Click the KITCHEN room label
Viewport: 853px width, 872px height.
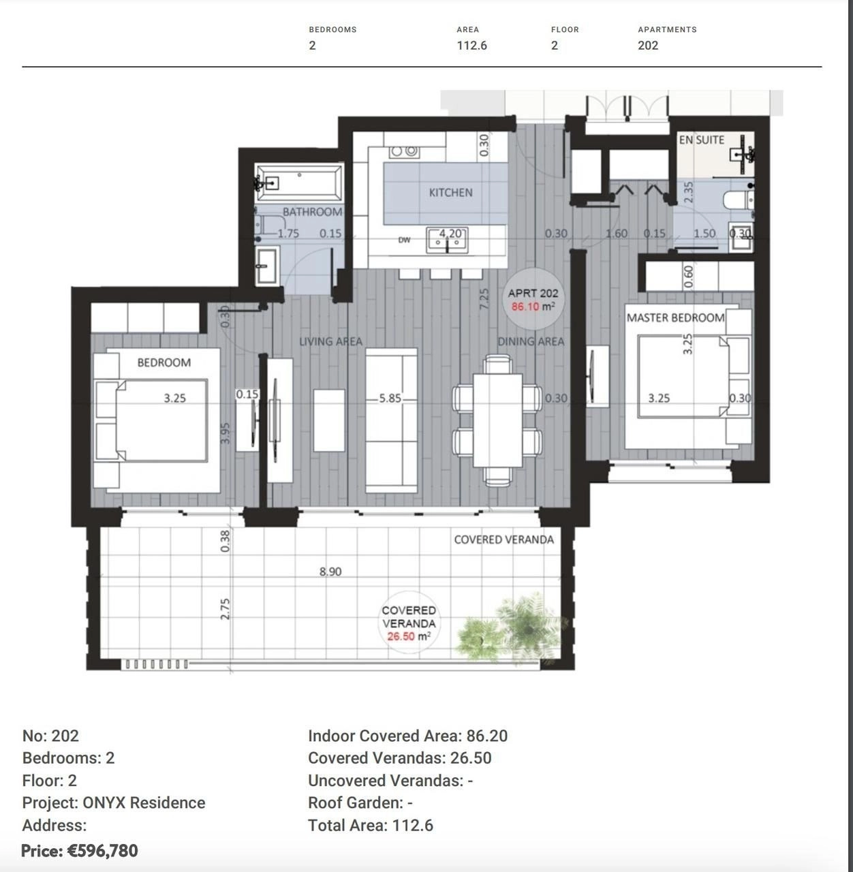(x=450, y=193)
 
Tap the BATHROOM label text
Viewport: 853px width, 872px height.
(x=312, y=211)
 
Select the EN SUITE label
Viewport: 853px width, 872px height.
(x=702, y=140)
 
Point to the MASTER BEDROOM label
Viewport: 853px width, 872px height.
(x=675, y=317)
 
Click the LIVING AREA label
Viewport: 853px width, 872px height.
(x=331, y=341)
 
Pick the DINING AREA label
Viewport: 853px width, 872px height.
(x=531, y=341)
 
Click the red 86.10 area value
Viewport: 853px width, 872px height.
(x=525, y=307)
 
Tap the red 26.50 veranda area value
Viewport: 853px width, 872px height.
(x=401, y=636)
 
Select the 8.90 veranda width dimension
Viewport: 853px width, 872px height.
(x=330, y=572)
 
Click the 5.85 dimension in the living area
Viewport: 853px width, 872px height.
(x=390, y=399)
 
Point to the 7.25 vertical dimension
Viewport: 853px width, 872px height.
(x=484, y=298)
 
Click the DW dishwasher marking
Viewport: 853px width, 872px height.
(x=404, y=240)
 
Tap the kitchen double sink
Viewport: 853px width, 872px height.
(x=447, y=240)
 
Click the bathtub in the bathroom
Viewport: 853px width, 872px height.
(x=299, y=183)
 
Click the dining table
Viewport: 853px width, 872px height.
(x=497, y=420)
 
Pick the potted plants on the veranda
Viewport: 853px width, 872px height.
(x=511, y=627)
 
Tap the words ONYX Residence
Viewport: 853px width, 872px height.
(x=144, y=803)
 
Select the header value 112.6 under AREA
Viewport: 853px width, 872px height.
(x=471, y=45)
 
